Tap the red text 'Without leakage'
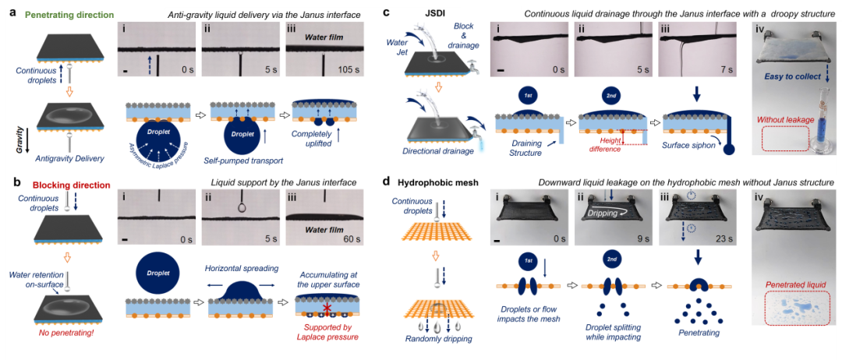pos(790,121)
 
